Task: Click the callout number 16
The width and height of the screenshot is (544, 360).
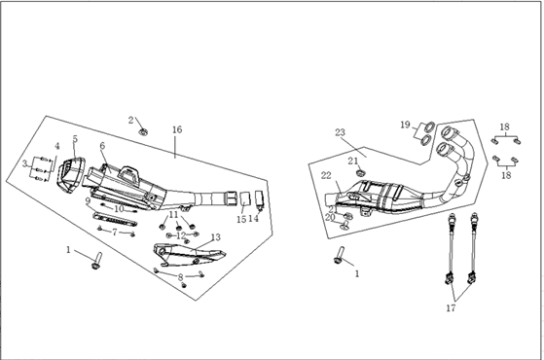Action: click(177, 129)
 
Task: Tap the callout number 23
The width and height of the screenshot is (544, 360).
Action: click(340, 132)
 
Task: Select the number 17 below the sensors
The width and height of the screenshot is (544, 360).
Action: click(451, 307)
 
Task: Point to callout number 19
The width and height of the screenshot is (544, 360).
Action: click(405, 125)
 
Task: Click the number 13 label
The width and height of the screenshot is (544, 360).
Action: click(215, 237)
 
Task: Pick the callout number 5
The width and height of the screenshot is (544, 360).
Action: click(75, 139)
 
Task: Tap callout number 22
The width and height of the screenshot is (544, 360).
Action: click(326, 176)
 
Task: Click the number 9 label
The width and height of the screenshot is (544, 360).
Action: click(88, 200)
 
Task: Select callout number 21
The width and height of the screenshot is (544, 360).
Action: click(353, 161)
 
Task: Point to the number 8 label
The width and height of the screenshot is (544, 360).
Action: click(180, 277)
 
